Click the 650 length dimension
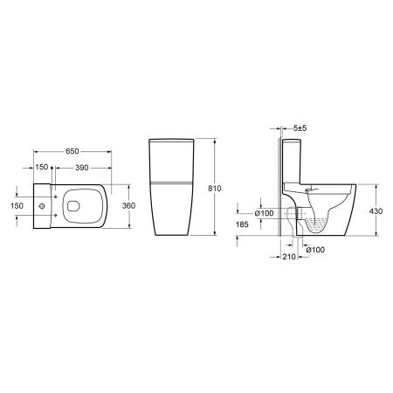(72, 151)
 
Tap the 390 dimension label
(82, 168)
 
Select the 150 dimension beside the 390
(42, 167)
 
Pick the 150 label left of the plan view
(17, 206)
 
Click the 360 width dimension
(128, 206)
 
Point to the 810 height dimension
(215, 189)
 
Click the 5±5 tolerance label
(300, 128)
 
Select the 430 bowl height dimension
(376, 211)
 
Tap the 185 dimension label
(242, 224)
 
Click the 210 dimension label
(289, 257)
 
